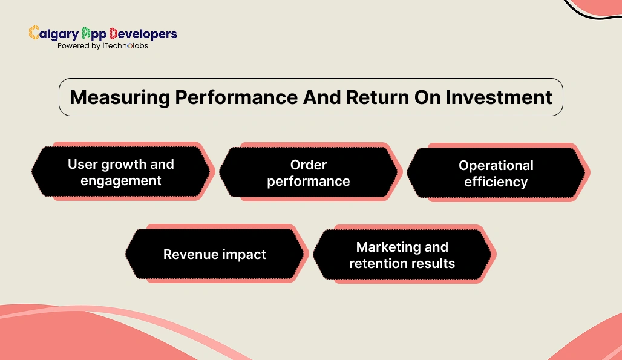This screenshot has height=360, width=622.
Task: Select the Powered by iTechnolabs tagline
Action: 102,46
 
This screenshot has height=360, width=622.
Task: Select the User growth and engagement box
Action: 120,172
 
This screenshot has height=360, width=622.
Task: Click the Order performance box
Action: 308,172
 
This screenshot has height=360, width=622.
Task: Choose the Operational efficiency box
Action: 496,173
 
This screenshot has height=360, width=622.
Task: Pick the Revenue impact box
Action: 214,254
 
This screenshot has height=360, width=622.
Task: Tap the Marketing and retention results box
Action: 402,255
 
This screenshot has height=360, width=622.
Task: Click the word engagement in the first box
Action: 120,181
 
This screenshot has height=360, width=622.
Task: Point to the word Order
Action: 309,165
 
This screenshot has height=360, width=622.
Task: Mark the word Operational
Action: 496,165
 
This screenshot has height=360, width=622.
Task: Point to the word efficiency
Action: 496,182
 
